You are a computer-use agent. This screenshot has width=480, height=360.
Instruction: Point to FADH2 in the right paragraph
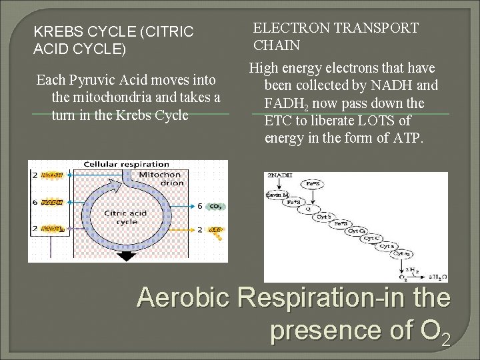coord(285,104)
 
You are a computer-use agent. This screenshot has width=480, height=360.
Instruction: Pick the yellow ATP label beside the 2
coord(215,229)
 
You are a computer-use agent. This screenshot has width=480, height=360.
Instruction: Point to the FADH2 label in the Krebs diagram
coord(51,229)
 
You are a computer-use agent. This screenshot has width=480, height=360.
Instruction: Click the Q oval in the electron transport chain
coord(309,207)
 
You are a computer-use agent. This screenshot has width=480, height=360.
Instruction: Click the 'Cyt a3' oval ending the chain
coord(402,254)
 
